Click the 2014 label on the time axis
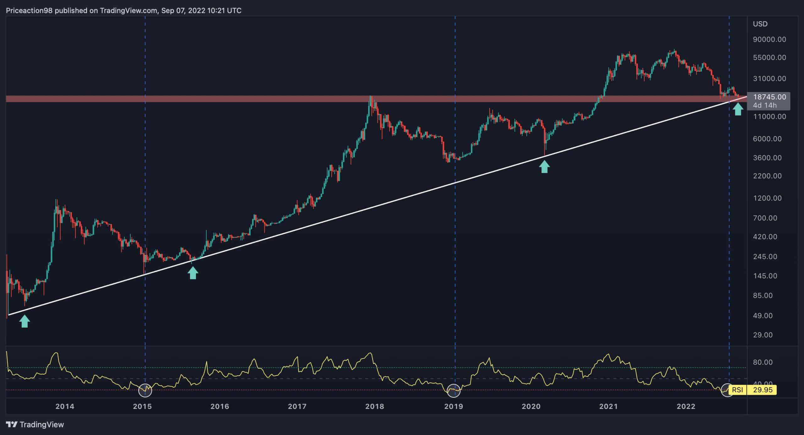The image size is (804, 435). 65,406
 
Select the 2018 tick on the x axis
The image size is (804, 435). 374,406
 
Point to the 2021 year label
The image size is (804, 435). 608,406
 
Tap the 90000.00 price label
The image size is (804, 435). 769,39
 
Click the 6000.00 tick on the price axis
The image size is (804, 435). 767,139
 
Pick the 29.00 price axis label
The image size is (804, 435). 763,335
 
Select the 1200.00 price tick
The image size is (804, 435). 767,198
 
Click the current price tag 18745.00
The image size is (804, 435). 769,97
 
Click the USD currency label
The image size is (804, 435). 760,24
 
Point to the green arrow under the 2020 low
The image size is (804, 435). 544,167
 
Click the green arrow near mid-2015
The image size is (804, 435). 193,273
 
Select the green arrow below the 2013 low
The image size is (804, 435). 25,321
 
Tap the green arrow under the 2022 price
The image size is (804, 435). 738,109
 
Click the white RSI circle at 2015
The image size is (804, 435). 145,390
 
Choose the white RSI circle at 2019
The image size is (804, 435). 454,390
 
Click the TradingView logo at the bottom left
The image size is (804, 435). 35,425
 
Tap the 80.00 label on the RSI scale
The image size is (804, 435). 763,362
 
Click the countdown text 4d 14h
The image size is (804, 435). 764,105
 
